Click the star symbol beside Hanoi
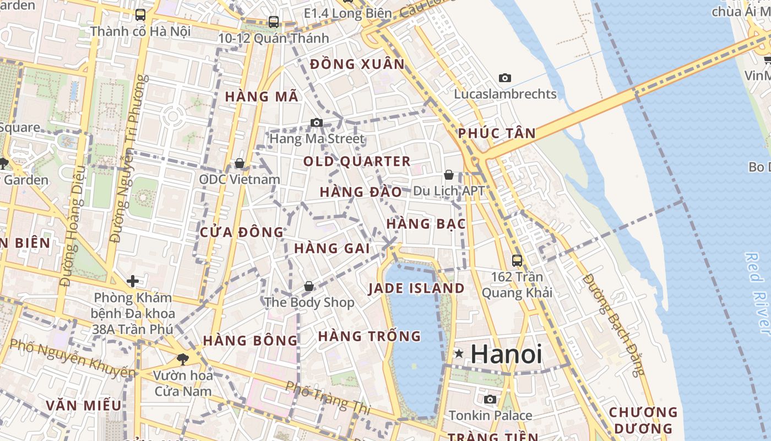pos(458,354)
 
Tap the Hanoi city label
pos(507,354)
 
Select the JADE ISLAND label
pos(416,288)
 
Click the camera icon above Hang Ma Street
pos(317,122)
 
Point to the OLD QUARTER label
pos(357,162)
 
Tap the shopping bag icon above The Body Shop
pos(309,286)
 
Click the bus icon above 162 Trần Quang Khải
pos(517,260)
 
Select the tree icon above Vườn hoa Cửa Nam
pos(182,359)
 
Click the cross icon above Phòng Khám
pos(133,281)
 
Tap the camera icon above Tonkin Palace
pos(490,399)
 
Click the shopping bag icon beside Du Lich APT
pos(449,175)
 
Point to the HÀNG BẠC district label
pos(426,224)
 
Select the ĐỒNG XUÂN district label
pos(357,64)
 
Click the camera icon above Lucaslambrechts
pos(505,78)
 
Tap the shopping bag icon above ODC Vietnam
pos(240,163)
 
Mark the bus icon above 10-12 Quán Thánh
pos(274,22)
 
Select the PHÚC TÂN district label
pos(497,133)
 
